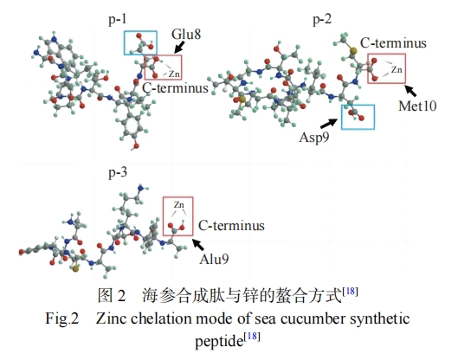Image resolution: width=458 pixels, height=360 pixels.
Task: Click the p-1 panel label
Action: coord(118,19)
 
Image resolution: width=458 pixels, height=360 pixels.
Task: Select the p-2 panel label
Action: coord(322,19)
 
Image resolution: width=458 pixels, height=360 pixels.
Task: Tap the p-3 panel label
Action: coord(118,172)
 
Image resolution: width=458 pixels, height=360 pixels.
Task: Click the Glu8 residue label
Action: coord(186,34)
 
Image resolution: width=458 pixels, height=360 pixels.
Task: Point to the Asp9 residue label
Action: coord(314,138)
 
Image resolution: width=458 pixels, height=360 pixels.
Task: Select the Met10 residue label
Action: coord(417,106)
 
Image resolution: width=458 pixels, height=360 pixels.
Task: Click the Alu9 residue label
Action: coord(214,259)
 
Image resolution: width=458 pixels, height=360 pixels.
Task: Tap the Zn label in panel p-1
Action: coord(174,74)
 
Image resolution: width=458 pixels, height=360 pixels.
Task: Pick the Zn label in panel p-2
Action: coord(397,70)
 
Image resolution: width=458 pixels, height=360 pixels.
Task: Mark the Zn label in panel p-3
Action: coord(178,205)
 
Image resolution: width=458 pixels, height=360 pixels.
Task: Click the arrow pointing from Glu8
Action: coord(179,47)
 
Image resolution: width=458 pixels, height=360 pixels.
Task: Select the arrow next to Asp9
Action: coord(329,123)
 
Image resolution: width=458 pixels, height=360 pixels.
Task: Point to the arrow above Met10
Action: coord(410,91)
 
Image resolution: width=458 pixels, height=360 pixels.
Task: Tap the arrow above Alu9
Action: coord(198,244)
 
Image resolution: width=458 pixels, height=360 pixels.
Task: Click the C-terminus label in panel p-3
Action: coord(231,226)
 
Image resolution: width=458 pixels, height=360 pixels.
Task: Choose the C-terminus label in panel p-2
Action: coord(393,43)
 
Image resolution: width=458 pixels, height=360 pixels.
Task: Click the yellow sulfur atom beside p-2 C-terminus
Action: coord(353,51)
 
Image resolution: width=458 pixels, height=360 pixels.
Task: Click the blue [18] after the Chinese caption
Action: coord(351,291)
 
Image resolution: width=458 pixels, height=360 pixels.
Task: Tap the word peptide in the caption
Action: coord(219,341)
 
